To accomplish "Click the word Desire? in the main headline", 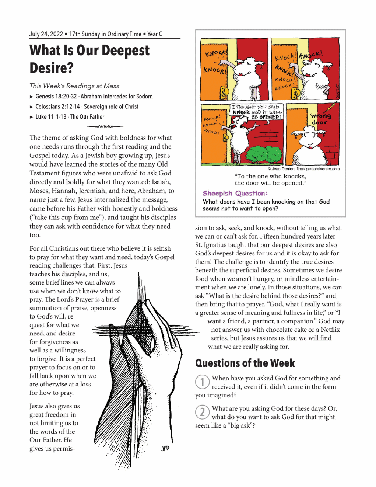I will pos(52,68).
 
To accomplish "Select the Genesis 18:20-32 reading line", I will pos(94,97).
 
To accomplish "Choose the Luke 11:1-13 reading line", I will pos(70,117).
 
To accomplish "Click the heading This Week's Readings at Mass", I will pos(74,86).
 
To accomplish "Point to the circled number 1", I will pos(202,382).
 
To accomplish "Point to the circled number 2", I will pos(202,412).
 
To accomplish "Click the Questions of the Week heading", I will pos(245,363).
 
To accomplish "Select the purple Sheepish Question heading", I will pos(235,193).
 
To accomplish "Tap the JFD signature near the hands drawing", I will pos(165,448).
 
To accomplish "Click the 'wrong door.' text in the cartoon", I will pos(320,119).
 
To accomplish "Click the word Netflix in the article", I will pos(330,330).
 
